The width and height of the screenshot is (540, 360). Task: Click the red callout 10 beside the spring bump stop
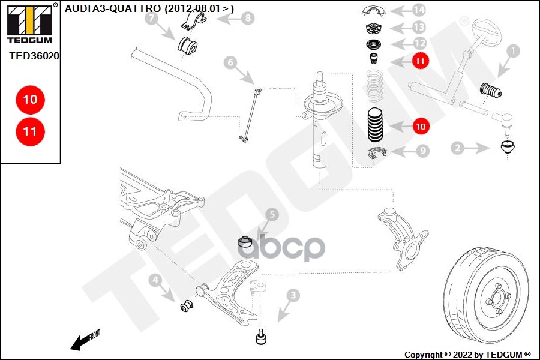tap(420, 127)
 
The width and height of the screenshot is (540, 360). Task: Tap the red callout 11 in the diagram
tap(420, 60)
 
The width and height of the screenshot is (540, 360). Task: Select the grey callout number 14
tap(419, 10)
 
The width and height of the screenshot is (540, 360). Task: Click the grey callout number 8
tap(246, 18)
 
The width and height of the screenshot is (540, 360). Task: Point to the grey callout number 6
tap(230, 61)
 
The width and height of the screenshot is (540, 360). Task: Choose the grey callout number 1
tap(512, 52)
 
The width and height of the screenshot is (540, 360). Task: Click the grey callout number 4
tap(155, 279)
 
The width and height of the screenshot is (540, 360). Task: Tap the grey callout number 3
tap(293, 295)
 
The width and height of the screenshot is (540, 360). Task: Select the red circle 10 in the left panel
tap(30, 99)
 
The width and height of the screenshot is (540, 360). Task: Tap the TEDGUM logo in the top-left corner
tap(29, 23)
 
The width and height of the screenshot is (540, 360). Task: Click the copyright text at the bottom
tap(467, 354)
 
